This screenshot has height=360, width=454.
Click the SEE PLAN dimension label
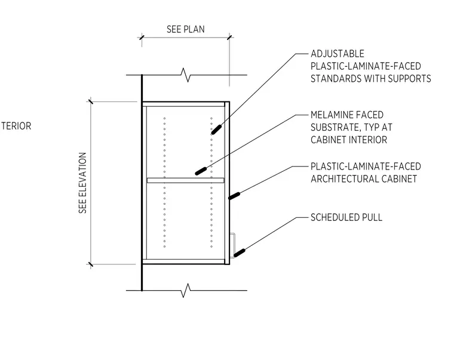[x=186, y=29]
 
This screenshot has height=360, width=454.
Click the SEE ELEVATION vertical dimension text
[x=83, y=183]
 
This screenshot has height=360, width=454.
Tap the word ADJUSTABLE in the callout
[x=338, y=54]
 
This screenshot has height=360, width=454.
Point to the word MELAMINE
[x=332, y=115]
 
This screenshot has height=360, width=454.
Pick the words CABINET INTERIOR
[x=349, y=140]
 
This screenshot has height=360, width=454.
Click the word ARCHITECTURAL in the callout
[x=345, y=179]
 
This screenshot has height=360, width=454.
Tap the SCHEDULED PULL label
[x=346, y=217]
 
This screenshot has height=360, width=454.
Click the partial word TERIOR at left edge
[x=16, y=126]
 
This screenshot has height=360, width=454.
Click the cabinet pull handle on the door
[x=233, y=245]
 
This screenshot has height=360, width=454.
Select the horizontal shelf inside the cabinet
[x=185, y=180]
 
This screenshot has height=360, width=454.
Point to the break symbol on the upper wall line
[x=186, y=75]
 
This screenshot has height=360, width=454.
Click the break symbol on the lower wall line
[x=186, y=290]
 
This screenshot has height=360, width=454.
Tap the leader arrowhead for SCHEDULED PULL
[x=240, y=253]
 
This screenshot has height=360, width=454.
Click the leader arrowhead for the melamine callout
[x=201, y=171]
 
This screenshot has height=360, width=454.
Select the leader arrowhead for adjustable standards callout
[x=216, y=130]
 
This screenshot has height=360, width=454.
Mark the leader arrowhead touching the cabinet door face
[x=234, y=196]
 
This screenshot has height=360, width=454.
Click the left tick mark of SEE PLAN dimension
[x=142, y=38]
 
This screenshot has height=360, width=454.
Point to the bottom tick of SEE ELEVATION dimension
[x=91, y=264]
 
